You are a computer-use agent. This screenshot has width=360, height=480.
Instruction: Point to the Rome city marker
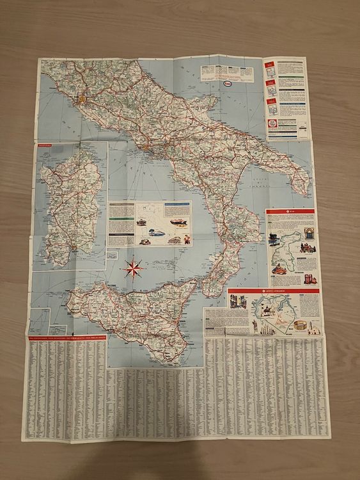[81, 100]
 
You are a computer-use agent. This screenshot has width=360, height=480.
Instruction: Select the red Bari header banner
[291, 211]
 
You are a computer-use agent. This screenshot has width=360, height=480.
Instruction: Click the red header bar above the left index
[64, 338]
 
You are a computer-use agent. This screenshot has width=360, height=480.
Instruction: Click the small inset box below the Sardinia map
[113, 255]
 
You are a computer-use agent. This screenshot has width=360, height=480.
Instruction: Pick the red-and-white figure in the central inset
[185, 239]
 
